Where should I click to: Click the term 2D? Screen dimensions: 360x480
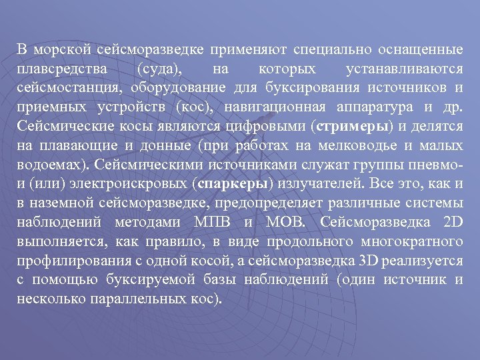tap(451, 222)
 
